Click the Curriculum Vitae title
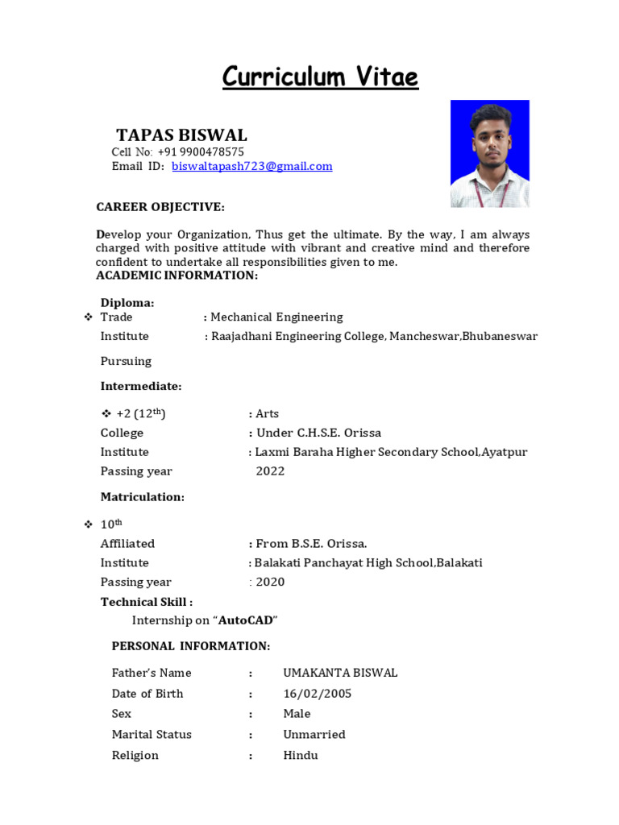tap(320, 77)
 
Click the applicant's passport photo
tap(489, 153)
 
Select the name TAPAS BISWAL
tap(181, 135)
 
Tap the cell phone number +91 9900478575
tap(201, 151)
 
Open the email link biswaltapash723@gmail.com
tap(251, 166)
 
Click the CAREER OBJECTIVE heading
tap(160, 207)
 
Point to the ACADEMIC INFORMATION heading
tap(177, 276)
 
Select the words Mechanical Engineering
tap(276, 317)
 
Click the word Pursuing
tap(126, 361)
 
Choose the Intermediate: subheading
tap(141, 387)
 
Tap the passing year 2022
tap(270, 471)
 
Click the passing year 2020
tap(270, 582)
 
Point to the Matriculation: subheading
tap(143, 497)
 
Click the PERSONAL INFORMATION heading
tap(191, 646)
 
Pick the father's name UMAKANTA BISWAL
tap(340, 673)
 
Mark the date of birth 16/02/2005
tap(317, 694)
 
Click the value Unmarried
tap(314, 735)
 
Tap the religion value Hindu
tap(301, 756)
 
